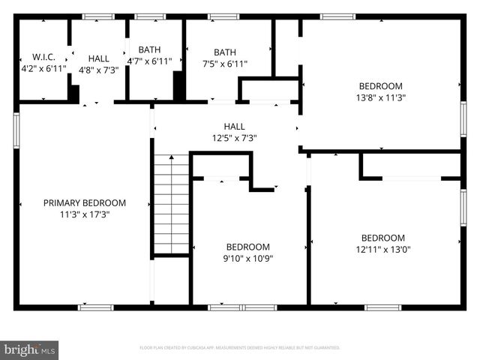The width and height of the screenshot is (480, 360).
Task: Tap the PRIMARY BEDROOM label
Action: click(x=85, y=202)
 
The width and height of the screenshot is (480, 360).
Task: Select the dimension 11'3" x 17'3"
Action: click(x=85, y=214)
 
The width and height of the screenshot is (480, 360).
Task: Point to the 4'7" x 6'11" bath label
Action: click(x=150, y=61)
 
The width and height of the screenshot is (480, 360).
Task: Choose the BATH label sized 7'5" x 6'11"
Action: click(x=225, y=52)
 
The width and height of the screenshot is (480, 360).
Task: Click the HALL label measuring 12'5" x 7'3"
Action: click(x=234, y=127)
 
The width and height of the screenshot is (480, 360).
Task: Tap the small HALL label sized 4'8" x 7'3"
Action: click(x=98, y=58)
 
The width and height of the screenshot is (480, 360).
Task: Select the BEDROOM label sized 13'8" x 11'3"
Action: click(x=380, y=85)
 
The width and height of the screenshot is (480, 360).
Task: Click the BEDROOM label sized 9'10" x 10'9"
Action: click(x=248, y=247)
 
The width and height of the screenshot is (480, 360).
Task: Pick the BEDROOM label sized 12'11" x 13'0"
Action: click(x=382, y=238)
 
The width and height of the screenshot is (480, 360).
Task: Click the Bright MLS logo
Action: click(x=30, y=349)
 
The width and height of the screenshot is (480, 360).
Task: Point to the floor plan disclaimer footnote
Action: click(x=240, y=348)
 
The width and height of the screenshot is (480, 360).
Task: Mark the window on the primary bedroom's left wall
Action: click(x=16, y=130)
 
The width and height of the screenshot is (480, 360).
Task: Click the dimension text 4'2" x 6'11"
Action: click(x=43, y=68)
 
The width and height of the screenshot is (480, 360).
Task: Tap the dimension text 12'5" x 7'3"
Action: click(x=234, y=138)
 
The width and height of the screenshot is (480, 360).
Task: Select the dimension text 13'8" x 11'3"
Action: click(x=380, y=97)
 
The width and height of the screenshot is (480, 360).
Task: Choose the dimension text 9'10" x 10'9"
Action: click(x=248, y=258)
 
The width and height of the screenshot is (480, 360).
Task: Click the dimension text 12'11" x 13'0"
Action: click(x=382, y=250)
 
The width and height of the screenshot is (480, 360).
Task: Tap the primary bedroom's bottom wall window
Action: click(x=96, y=307)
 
